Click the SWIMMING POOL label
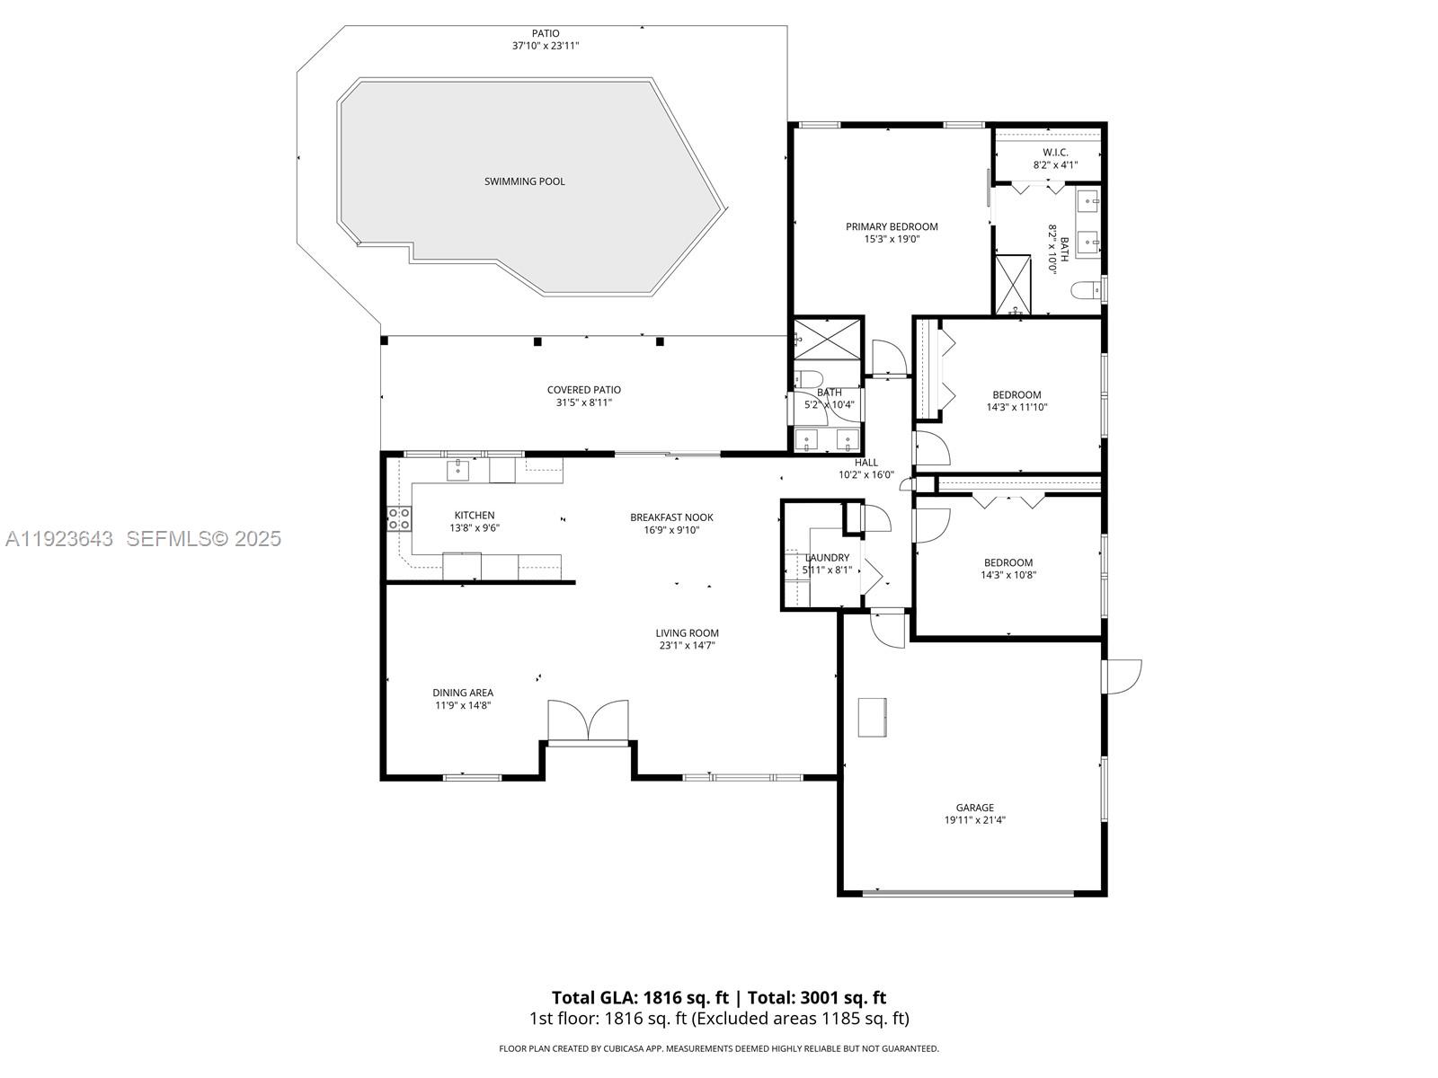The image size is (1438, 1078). tap(525, 181)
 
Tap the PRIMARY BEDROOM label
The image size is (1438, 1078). tap(892, 226)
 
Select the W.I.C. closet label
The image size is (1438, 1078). tap(1055, 152)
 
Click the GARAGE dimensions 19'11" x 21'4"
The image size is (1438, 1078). tap(974, 820)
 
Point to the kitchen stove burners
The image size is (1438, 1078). tap(399, 518)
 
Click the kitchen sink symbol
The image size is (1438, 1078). tap(458, 467)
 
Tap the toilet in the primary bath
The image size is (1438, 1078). tap(1085, 290)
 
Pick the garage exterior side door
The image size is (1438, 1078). tap(1122, 676)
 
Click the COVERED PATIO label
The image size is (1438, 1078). tap(584, 390)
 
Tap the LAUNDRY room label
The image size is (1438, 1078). tap(827, 558)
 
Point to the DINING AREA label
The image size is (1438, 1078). tap(463, 693)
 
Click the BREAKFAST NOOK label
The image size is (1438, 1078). tap(671, 517)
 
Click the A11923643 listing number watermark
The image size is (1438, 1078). tap(59, 538)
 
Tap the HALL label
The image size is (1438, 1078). tap(866, 463)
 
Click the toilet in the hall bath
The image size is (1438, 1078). tap(804, 378)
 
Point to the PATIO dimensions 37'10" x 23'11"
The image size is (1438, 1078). tap(546, 46)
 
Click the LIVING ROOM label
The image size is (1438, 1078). tap(687, 633)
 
